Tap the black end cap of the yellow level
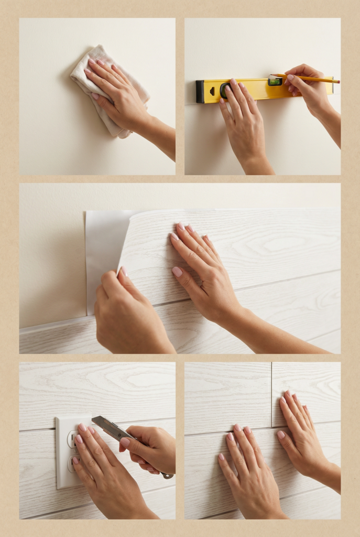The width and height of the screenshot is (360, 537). (x=200, y=92)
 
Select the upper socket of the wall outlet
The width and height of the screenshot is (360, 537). (x=71, y=438)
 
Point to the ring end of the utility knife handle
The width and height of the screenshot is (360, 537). (x=168, y=476)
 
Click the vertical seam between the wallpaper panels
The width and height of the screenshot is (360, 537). (x=271, y=393)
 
